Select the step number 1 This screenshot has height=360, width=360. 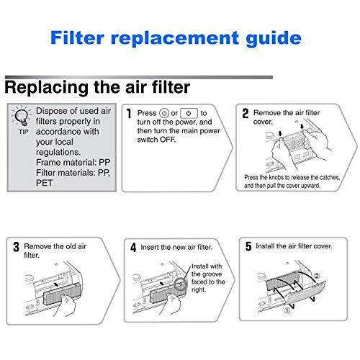click(129, 114)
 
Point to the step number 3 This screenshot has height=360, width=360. click(16, 246)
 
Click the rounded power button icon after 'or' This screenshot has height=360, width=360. click(189, 114)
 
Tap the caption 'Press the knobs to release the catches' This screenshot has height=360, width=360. click(294, 177)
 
